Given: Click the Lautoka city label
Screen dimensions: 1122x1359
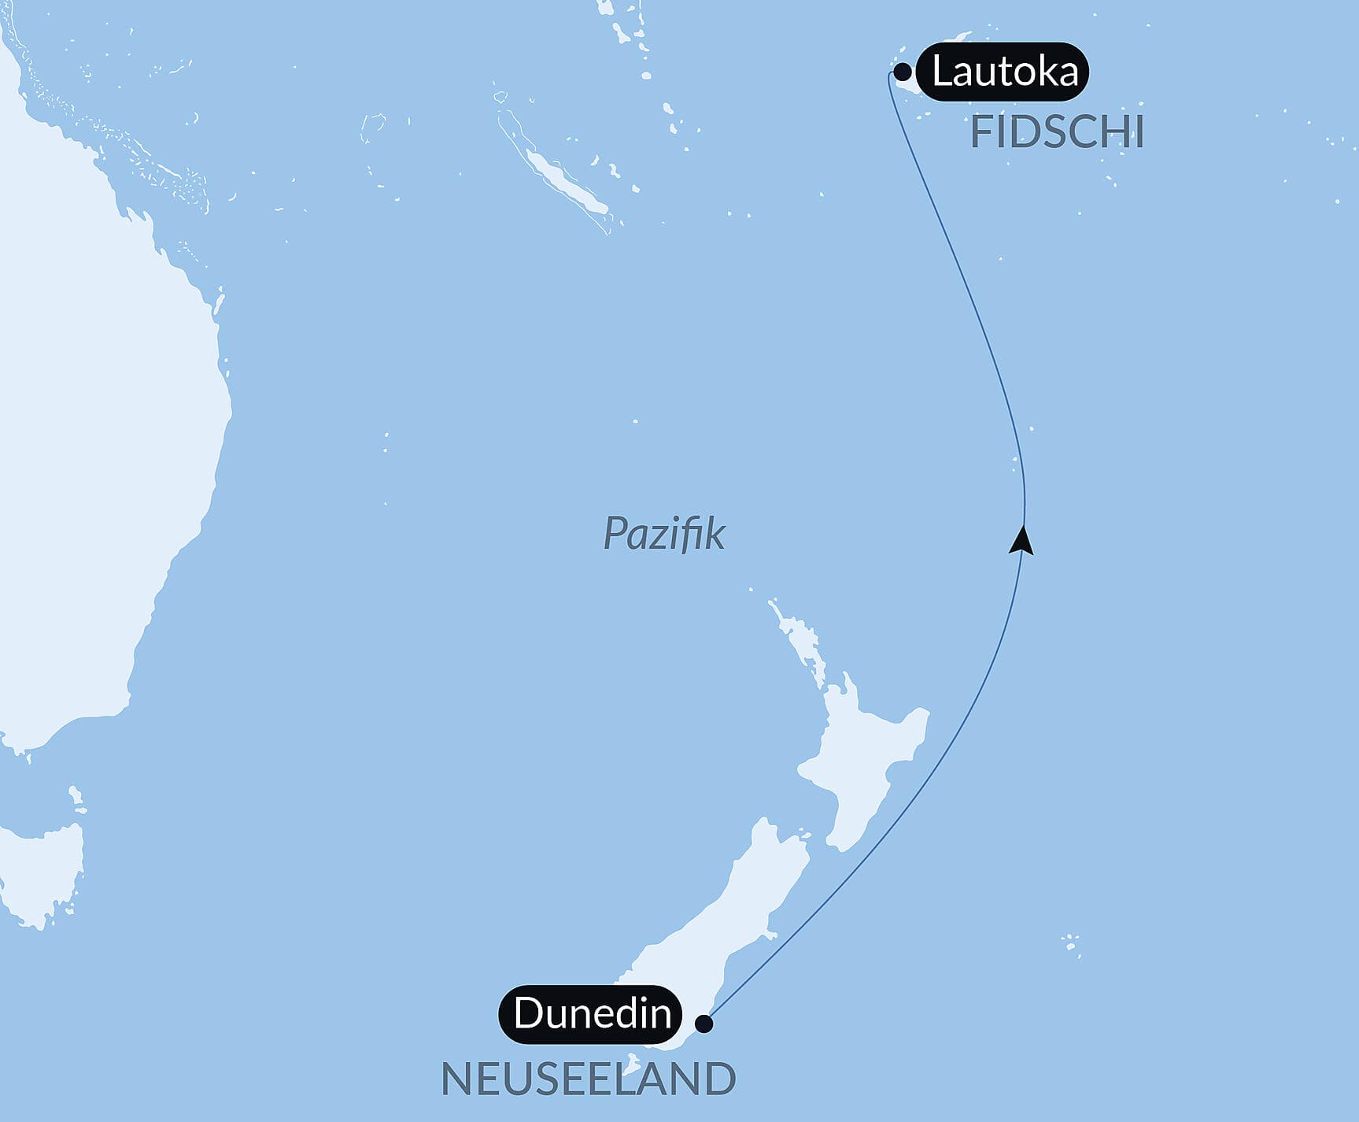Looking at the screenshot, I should [x=1004, y=72].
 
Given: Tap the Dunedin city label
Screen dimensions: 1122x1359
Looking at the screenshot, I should [x=592, y=1013].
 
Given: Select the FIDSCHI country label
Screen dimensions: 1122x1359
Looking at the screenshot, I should [x=1057, y=132].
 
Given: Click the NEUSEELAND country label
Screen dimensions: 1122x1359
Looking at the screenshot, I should [x=588, y=1079].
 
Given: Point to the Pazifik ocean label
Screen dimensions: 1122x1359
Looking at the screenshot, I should [x=663, y=534].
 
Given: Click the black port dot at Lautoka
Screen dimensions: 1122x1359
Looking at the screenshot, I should [x=903, y=72].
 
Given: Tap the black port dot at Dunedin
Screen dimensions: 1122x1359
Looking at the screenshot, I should [x=704, y=1024].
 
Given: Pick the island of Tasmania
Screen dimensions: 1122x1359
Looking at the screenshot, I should [x=43, y=874].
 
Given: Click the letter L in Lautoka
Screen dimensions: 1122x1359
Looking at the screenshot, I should [x=940, y=72].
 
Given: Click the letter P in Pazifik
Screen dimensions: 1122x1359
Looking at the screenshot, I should [x=615, y=534].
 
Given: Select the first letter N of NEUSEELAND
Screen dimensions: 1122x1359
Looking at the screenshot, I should [x=455, y=1079].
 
